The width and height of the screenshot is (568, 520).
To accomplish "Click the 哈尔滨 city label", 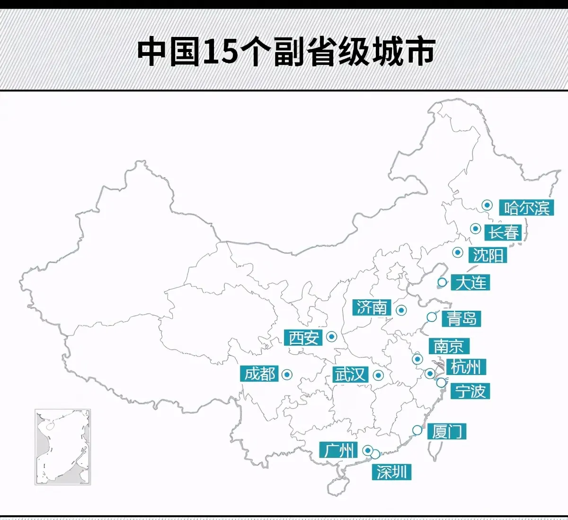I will (x=526, y=207).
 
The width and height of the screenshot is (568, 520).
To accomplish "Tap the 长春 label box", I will (x=504, y=233).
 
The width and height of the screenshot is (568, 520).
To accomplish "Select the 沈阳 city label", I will (x=488, y=255).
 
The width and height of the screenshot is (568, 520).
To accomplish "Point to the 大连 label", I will (x=470, y=283).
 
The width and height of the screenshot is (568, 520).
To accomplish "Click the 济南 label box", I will (x=372, y=308).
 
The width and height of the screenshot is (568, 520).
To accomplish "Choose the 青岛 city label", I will (x=461, y=318).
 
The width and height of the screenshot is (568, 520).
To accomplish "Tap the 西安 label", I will (x=304, y=338).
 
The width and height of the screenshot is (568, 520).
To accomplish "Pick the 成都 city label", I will (x=259, y=374).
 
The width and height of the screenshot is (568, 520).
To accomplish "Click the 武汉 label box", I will (x=350, y=375).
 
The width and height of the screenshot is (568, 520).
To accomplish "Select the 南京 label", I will (x=449, y=346).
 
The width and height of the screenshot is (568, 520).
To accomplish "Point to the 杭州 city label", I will (x=466, y=367).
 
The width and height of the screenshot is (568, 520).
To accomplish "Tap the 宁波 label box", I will (x=470, y=391).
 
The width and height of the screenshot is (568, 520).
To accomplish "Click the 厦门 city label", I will (x=447, y=431).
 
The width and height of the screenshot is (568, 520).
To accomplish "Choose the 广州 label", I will (x=338, y=450).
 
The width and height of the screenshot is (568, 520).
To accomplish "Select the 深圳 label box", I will (x=391, y=472).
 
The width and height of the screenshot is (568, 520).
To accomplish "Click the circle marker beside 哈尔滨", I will (x=487, y=205).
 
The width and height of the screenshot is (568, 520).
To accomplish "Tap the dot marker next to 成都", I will (x=287, y=375).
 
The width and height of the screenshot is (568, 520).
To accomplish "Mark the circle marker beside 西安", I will (x=332, y=337).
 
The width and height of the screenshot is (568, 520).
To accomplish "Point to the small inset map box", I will (x=62, y=447).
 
